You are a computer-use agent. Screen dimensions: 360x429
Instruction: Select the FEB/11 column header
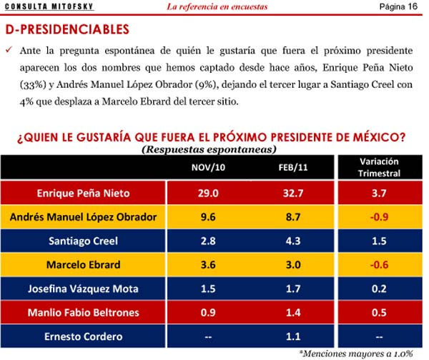(x=293, y=168)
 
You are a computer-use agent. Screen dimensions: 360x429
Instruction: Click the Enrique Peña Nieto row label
(x=84, y=193)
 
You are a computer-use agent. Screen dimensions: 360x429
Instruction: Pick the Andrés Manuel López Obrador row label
(x=84, y=217)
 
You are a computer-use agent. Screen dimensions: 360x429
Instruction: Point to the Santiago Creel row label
(x=84, y=241)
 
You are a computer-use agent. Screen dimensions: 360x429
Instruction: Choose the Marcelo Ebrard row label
(x=84, y=265)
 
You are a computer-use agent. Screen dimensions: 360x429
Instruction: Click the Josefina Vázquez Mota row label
(x=84, y=289)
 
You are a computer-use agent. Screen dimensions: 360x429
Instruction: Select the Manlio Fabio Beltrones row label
(x=84, y=313)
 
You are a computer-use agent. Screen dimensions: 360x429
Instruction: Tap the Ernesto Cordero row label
(x=84, y=337)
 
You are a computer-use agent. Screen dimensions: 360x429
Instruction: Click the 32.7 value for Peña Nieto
(x=293, y=193)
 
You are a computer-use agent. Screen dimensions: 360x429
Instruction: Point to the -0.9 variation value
(x=379, y=217)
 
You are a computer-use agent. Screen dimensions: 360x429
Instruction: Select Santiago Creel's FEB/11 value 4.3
(x=293, y=241)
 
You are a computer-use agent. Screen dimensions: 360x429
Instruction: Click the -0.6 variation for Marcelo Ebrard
(x=379, y=265)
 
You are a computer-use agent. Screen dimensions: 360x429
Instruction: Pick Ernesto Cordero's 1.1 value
(x=293, y=337)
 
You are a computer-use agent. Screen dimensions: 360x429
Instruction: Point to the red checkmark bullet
(x=9, y=51)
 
